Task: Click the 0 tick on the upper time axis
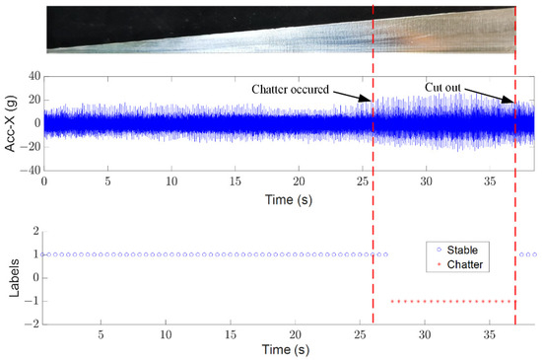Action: click(44, 182)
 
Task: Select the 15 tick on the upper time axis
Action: click(236, 182)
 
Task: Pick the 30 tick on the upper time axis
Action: click(426, 182)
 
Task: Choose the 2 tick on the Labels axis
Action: click(35, 231)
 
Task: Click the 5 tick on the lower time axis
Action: click(102, 335)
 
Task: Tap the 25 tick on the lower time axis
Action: click(362, 335)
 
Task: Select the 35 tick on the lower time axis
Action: click(489, 335)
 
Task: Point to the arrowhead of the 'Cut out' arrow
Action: click(512, 101)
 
